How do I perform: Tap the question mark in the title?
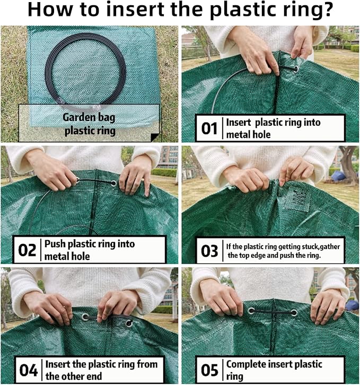[x=326, y=10]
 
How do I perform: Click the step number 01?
[x=209, y=128]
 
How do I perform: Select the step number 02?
[x=27, y=250]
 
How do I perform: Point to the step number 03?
[x=209, y=251]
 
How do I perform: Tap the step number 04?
[x=28, y=370]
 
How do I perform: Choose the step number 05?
[x=209, y=370]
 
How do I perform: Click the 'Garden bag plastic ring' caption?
[x=89, y=124]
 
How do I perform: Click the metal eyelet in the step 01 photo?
[x=295, y=68]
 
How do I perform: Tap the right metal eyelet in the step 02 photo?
[x=113, y=183]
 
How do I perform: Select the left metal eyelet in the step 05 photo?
[x=251, y=311]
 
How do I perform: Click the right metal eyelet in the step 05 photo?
[x=294, y=313]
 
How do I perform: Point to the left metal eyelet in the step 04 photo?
[x=85, y=317]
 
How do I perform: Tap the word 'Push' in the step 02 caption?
[x=55, y=244]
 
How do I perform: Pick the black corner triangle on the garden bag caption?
[x=155, y=137]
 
